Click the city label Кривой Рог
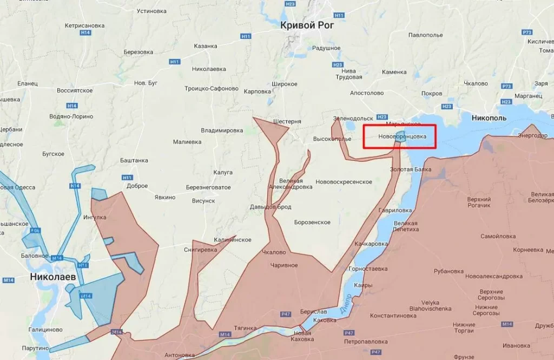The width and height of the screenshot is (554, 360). tap(307, 25)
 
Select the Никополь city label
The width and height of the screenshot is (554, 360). tap(489, 117)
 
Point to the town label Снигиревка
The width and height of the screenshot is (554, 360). tap(200, 250)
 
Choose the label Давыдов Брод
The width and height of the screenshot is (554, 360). tap(271, 207)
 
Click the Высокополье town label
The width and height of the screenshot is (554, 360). tap(332, 139)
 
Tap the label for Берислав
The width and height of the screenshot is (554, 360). tap(314, 312)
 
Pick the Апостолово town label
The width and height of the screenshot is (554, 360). tap(367, 93)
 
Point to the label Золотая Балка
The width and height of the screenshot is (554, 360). tap(411, 169)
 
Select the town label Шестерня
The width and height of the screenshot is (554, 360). tap(287, 121)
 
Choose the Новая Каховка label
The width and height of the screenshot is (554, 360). tap(302, 336)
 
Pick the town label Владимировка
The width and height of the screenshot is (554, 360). tap(222, 130)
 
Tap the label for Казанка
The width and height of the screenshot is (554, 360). tap(206, 46)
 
